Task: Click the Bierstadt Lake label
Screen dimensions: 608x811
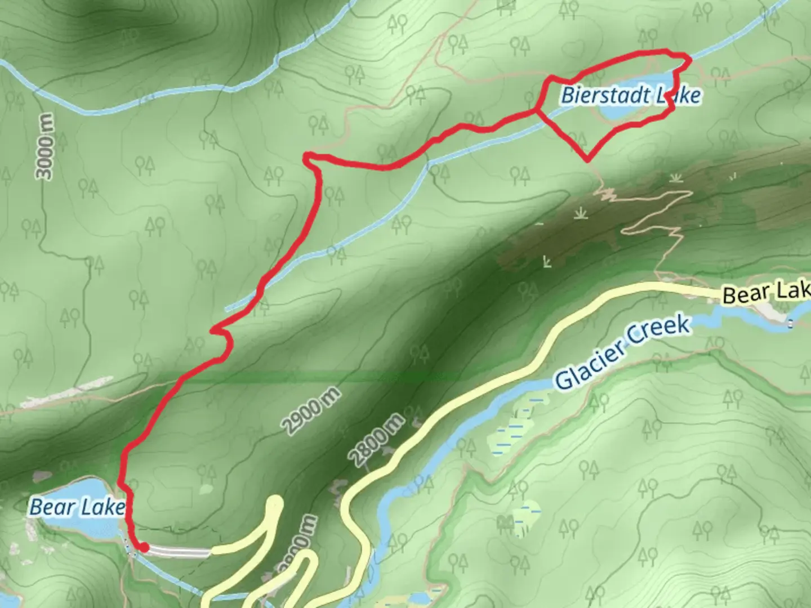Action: click(630, 95)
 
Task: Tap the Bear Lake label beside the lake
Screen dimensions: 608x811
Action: click(77, 507)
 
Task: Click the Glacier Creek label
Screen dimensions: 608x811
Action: click(622, 353)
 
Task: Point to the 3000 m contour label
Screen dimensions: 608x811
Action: click(46, 147)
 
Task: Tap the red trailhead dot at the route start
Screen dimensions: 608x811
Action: click(144, 547)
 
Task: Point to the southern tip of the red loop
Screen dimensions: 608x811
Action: click(588, 159)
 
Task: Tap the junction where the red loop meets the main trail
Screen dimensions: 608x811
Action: click(537, 110)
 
